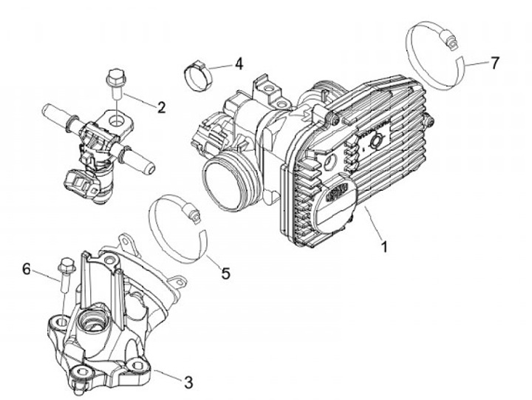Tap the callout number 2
point(161,106)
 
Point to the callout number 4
point(238,64)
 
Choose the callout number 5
point(225,273)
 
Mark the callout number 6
point(27,269)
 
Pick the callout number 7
point(494,62)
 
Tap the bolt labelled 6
point(65,277)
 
